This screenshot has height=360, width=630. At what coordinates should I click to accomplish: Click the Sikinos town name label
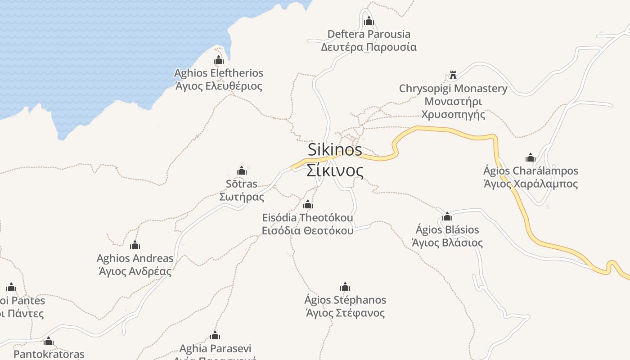click(x=335, y=150)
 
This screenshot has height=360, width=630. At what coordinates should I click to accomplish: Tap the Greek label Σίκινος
click(x=335, y=171)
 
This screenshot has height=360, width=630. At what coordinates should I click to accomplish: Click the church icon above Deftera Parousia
click(x=369, y=21)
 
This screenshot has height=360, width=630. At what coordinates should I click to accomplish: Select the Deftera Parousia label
click(x=369, y=34)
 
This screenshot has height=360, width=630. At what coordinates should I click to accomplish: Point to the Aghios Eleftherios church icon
click(x=219, y=60)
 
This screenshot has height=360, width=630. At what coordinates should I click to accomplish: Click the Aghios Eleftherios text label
click(x=219, y=73)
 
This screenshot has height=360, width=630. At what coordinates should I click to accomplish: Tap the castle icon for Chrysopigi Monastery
click(x=453, y=75)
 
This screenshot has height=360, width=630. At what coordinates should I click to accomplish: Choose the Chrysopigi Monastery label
click(x=453, y=89)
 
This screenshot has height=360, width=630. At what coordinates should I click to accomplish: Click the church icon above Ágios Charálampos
click(x=531, y=157)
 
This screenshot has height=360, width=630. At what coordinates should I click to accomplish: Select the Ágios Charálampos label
click(x=531, y=171)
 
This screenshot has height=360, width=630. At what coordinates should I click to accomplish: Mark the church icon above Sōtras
click(x=242, y=171)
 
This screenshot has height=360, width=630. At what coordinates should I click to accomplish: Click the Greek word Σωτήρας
click(x=242, y=197)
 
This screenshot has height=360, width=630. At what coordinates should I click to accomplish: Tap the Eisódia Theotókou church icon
click(x=308, y=204)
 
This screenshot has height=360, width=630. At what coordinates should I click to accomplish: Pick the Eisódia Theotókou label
click(x=308, y=218)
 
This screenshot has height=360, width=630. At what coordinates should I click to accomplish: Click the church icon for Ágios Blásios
click(x=447, y=216)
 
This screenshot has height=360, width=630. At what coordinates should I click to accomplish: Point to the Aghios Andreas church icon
click(x=135, y=245)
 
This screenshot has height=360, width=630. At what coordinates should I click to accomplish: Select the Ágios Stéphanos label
click(x=345, y=300)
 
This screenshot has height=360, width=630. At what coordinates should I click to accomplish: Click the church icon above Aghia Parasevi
click(x=215, y=335)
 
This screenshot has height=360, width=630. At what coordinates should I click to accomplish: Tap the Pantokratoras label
click(x=49, y=354)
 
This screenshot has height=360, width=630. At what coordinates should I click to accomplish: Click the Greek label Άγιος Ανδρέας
click(x=135, y=271)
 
